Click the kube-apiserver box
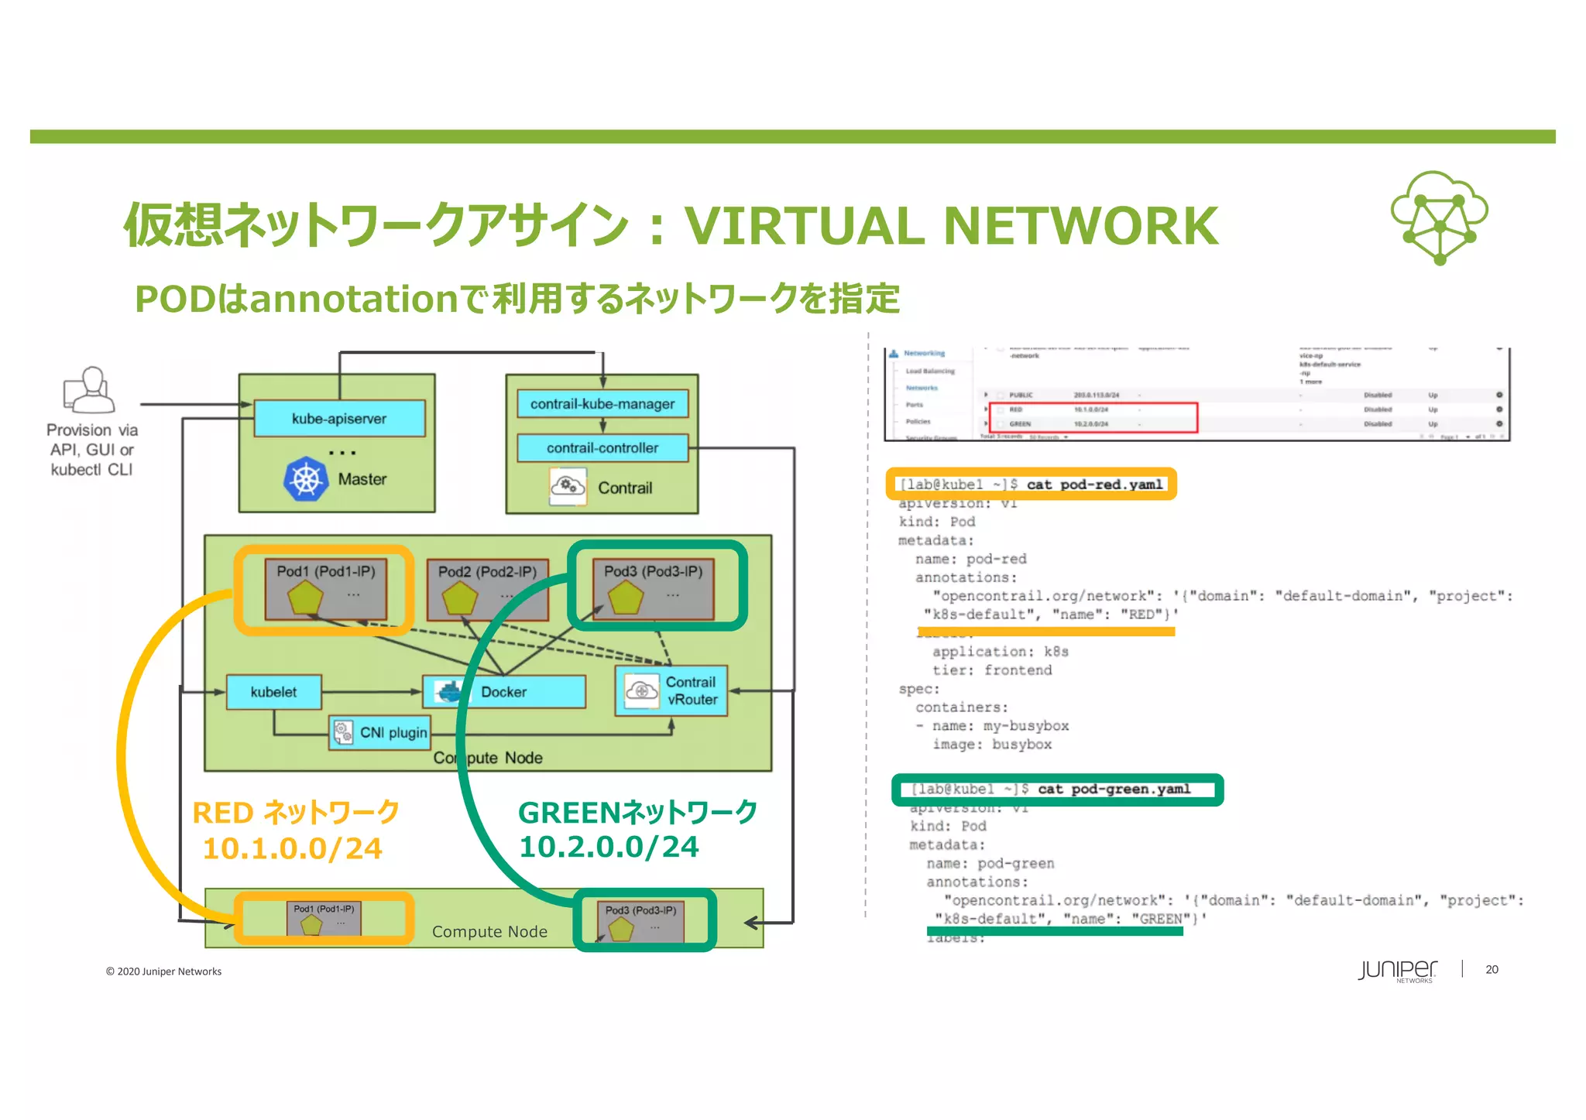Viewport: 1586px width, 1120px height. point(339,419)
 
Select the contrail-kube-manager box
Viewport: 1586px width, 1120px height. point(602,404)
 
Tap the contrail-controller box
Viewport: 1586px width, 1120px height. point(602,448)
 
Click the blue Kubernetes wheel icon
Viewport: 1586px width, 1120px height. point(306,479)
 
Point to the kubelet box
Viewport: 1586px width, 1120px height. point(273,692)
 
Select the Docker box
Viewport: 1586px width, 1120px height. point(503,692)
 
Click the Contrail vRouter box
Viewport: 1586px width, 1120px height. point(671,690)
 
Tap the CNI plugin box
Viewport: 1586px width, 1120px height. point(380,732)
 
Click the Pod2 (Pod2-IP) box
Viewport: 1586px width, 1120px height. point(487,589)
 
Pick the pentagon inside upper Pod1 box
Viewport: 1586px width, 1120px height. point(305,598)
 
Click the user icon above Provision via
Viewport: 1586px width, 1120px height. point(90,390)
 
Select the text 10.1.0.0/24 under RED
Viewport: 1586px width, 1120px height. point(292,849)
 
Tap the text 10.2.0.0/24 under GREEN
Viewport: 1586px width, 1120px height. point(609,847)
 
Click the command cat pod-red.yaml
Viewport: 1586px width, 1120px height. point(1094,485)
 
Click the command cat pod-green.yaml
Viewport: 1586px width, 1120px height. point(1113,789)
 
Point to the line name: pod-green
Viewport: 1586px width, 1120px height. point(990,863)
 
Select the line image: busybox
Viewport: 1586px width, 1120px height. point(991,745)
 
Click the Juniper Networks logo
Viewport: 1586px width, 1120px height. point(1397,971)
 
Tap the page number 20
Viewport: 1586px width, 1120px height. point(1492,969)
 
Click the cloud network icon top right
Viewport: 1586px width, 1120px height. point(1439,217)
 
